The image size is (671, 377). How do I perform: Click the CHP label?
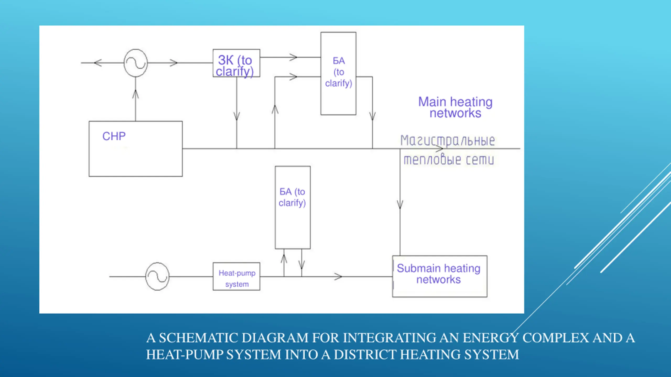[x=114, y=136]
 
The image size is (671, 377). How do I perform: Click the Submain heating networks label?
[x=439, y=274]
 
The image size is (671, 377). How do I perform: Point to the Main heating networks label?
[x=456, y=107]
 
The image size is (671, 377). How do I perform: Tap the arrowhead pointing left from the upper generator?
[x=98, y=63]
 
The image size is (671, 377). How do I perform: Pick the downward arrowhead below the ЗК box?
[x=237, y=117]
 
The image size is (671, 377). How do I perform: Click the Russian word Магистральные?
[x=448, y=141]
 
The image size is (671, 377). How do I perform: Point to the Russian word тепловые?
[x=432, y=159]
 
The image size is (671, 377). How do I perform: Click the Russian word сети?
[x=480, y=160]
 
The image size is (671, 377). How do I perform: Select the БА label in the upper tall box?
[x=339, y=61]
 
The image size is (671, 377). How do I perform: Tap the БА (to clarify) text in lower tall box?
[x=292, y=197]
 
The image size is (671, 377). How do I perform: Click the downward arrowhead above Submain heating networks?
[x=400, y=204]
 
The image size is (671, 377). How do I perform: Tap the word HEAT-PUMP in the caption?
[x=185, y=355]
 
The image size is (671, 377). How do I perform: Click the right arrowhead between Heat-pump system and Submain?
[x=338, y=276]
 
